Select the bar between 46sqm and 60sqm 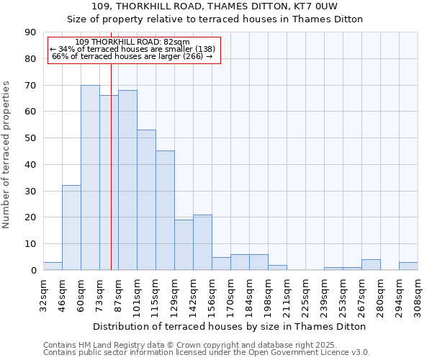71,228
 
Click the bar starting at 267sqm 371,265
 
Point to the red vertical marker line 111,166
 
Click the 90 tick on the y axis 30,32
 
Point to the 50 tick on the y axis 30,138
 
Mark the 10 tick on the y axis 30,244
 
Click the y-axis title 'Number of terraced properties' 6,155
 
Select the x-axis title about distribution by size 230,326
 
